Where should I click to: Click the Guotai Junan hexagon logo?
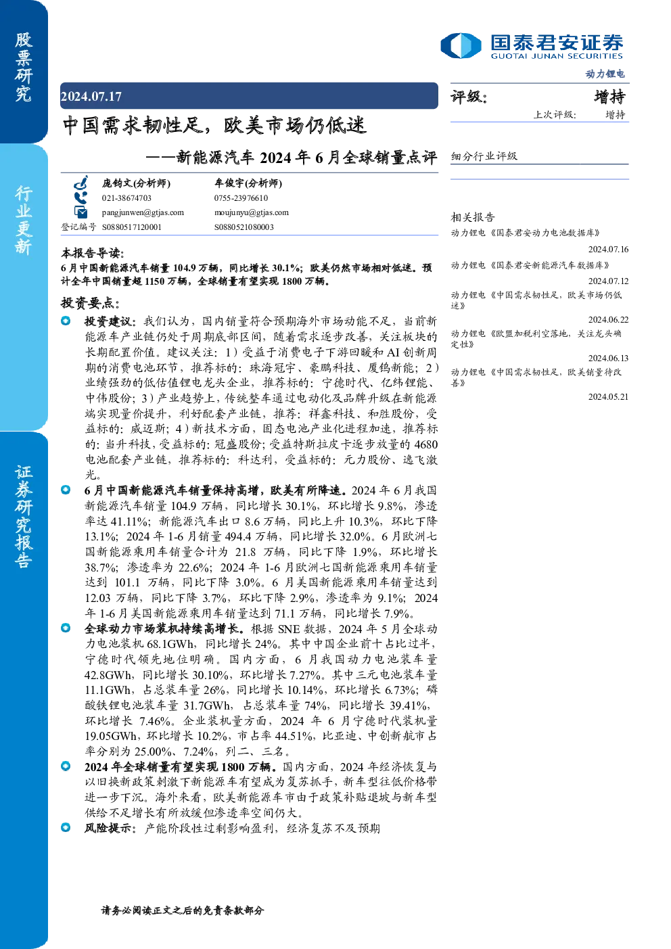coord(461,45)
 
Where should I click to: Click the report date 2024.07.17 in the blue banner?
coord(91,97)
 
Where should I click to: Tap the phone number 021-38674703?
coord(126,198)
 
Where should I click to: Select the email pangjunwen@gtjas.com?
coord(143,212)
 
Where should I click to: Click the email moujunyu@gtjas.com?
coord(252,212)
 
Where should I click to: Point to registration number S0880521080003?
coord(244,227)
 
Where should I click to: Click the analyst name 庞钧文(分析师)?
coord(136,183)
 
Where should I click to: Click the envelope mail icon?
coord(80,212)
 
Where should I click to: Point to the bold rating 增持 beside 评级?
coord(609,97)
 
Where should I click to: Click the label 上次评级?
coord(554,114)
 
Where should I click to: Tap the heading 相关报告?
coord(473,217)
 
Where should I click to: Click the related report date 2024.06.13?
coord(608,358)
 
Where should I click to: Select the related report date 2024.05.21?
coord(608,396)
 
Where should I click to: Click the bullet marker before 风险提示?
coord(66,827)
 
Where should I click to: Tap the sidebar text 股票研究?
coord(24,67)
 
